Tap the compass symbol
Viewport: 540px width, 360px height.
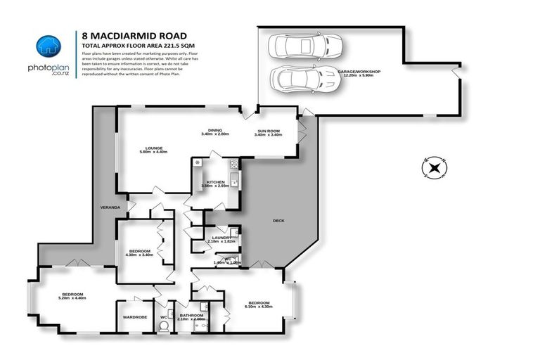click(x=435, y=167)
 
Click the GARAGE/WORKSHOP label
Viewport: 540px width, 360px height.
click(x=358, y=71)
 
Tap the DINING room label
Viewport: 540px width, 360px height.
click(x=214, y=130)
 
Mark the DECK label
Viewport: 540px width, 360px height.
click(x=279, y=221)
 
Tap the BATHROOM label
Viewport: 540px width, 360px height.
click(x=191, y=315)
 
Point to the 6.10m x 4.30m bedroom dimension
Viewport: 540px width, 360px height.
click(x=259, y=307)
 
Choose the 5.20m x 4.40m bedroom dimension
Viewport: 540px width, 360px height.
click(x=72, y=298)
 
